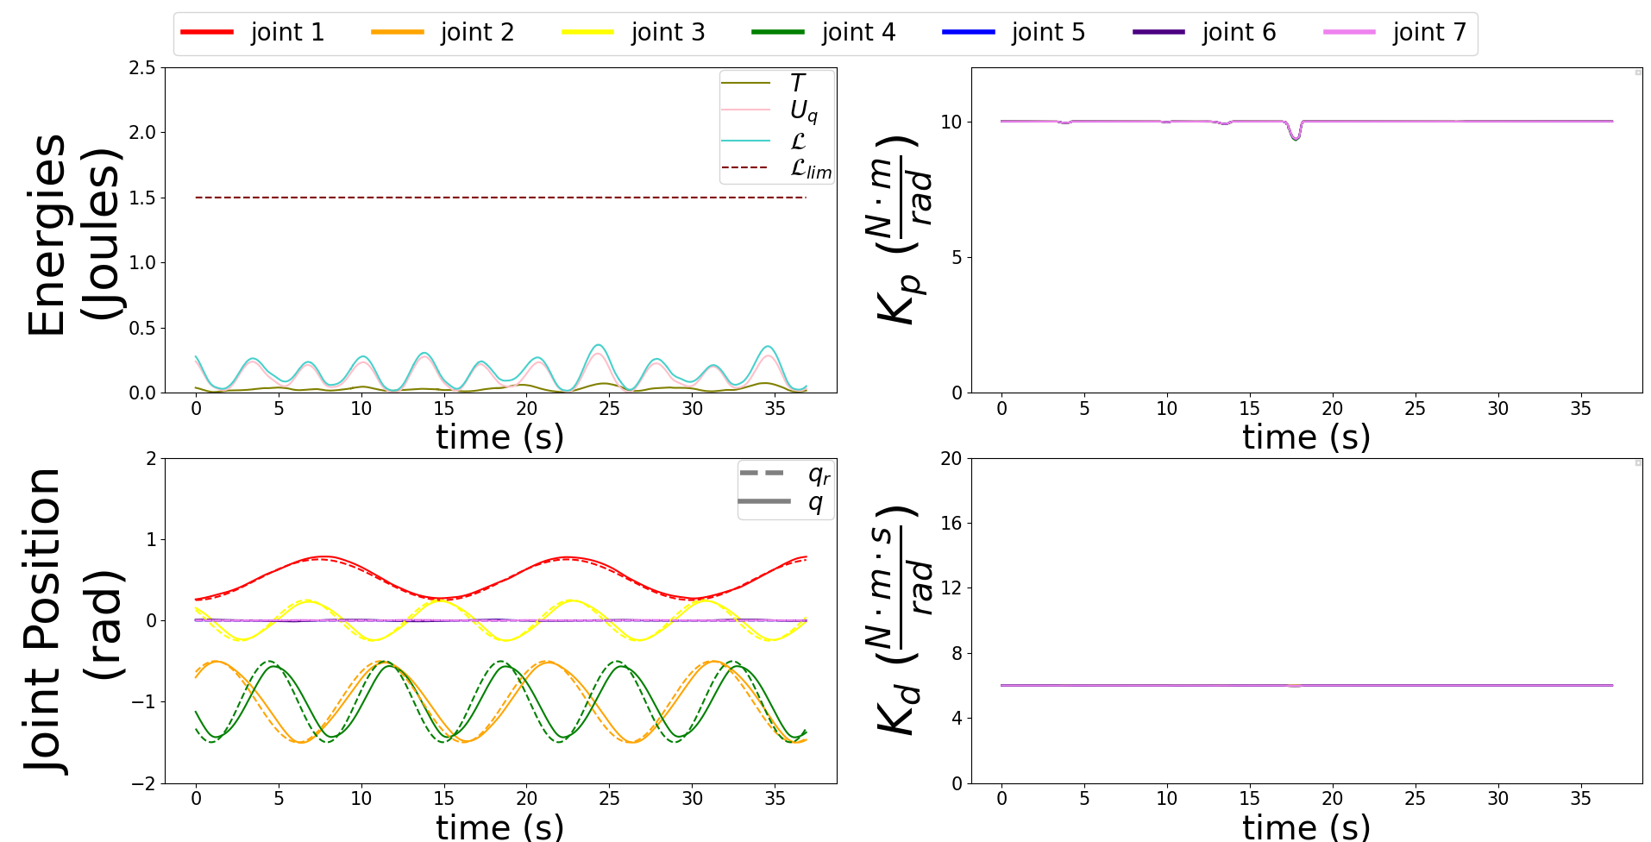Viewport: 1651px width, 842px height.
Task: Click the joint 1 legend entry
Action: tap(253, 33)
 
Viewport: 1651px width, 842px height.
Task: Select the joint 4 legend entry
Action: tap(824, 33)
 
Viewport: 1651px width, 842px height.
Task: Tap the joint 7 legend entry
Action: tap(1395, 33)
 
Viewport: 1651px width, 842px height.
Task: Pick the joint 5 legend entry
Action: tap(1014, 33)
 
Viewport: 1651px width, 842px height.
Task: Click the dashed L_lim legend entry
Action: tap(776, 168)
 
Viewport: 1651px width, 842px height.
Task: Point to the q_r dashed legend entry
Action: tap(784, 474)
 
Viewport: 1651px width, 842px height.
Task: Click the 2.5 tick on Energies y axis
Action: tap(142, 67)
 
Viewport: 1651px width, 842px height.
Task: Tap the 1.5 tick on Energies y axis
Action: tap(142, 198)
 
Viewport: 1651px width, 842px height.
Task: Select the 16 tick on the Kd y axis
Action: tap(951, 523)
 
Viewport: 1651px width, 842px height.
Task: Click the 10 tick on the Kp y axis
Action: tap(951, 122)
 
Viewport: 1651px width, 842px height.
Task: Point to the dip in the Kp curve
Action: tap(1295, 137)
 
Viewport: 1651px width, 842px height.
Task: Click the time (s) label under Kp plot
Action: tap(1306, 437)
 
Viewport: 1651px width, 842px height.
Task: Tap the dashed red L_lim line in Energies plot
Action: tap(500, 198)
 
